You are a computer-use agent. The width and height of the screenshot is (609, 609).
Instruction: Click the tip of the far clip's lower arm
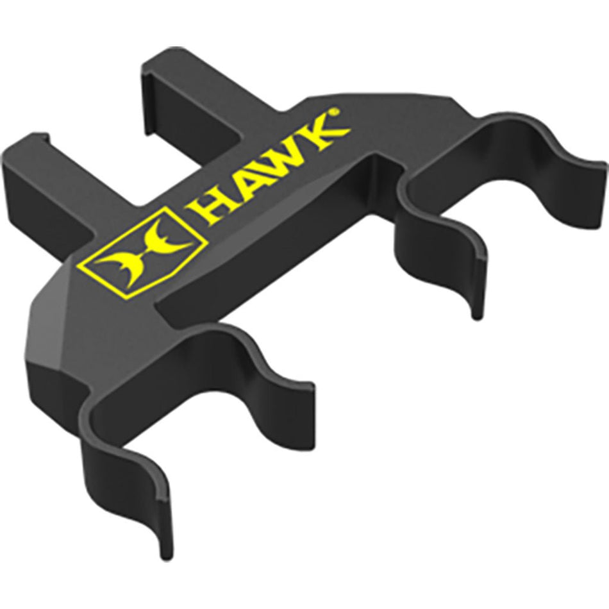tap(476, 311)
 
